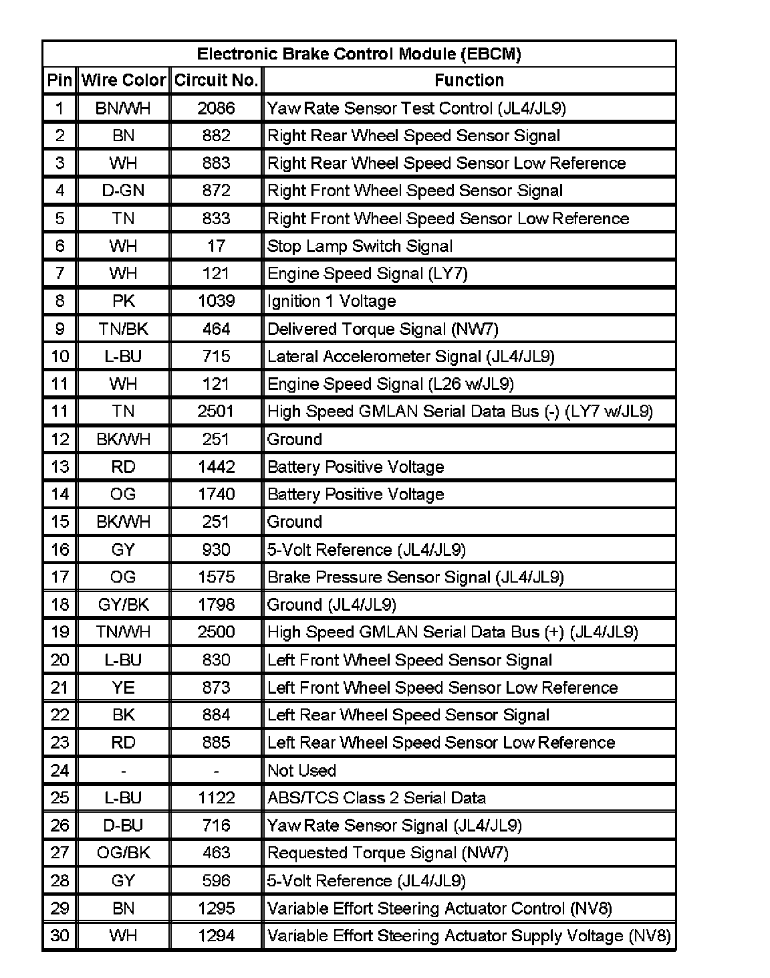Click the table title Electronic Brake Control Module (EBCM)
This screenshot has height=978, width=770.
point(359,54)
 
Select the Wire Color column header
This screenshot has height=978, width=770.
point(124,81)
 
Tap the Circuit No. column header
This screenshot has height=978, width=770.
point(216,81)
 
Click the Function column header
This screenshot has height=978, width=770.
point(469,81)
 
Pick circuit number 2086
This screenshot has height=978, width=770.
point(216,108)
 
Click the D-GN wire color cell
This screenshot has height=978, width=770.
point(124,191)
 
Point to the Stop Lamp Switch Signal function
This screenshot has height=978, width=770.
point(360,246)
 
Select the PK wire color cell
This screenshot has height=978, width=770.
point(124,301)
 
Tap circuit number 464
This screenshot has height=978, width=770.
point(216,329)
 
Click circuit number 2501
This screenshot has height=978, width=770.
point(216,411)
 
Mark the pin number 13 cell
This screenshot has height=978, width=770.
point(60,467)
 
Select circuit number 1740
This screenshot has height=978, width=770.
point(216,494)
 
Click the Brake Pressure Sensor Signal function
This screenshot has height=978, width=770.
point(415,577)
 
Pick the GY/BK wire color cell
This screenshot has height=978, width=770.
point(124,605)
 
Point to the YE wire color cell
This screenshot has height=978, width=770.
point(124,688)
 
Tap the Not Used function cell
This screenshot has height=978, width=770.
point(301,771)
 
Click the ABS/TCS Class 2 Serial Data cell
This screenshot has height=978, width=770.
point(376,798)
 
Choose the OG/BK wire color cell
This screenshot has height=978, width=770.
point(124,853)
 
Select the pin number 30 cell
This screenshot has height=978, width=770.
point(60,936)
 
